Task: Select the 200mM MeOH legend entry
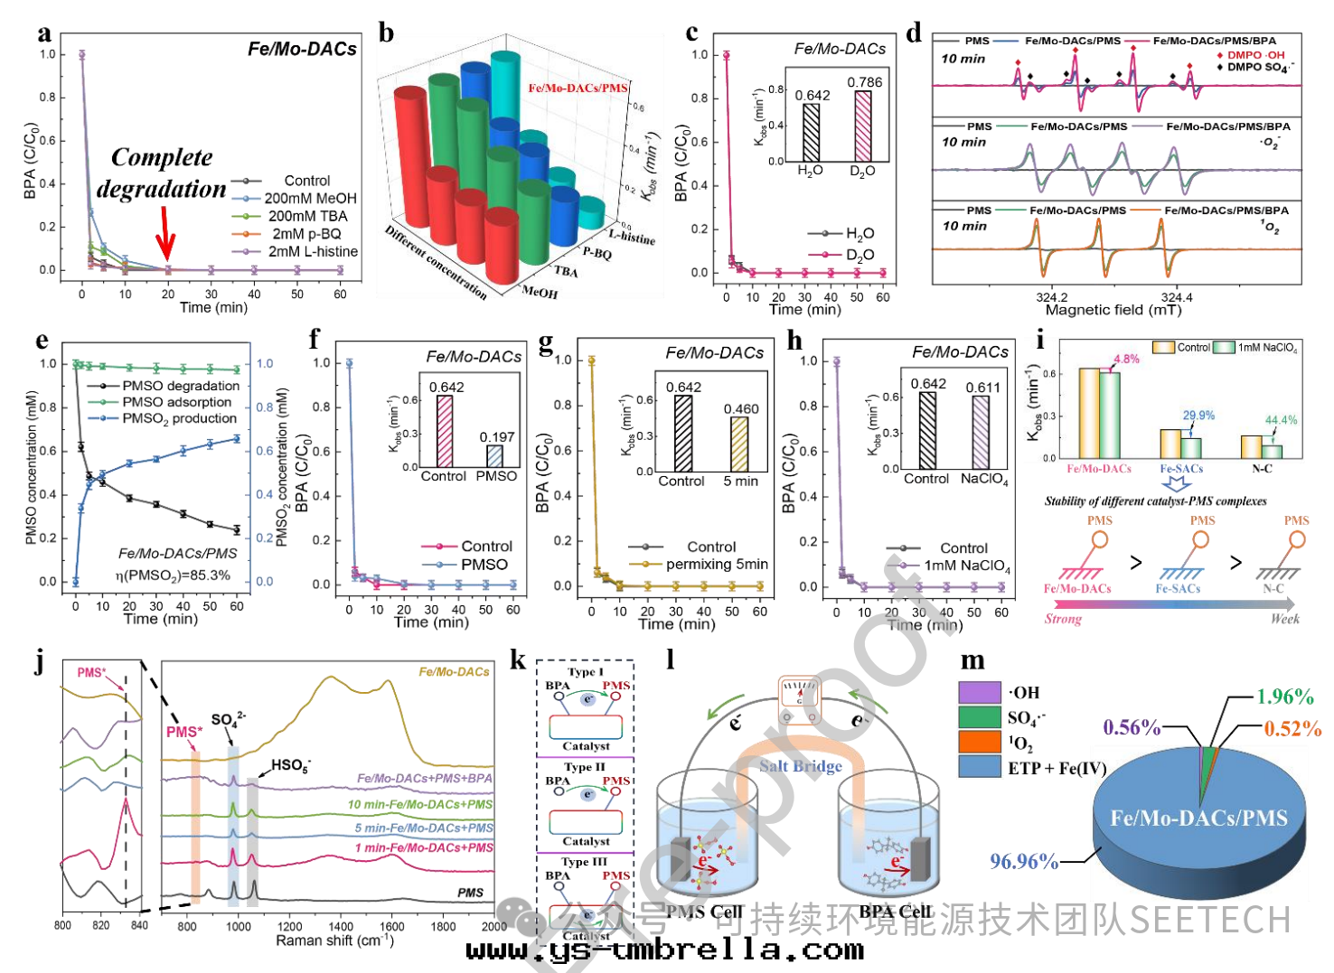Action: pyautogui.click(x=310, y=198)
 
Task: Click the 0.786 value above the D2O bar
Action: pyautogui.click(x=864, y=82)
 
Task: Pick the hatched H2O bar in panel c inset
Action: pyautogui.click(x=811, y=132)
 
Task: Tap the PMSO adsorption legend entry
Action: pyautogui.click(x=176, y=402)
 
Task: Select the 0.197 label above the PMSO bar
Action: pyautogui.click(x=497, y=436)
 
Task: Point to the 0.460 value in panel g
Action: pyautogui.click(x=741, y=408)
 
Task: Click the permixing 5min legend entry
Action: pyautogui.click(x=717, y=564)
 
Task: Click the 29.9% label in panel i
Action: pyautogui.click(x=1198, y=416)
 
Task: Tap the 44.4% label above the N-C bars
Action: pyautogui.click(x=1281, y=420)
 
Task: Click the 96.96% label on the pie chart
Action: pyautogui.click(x=1023, y=861)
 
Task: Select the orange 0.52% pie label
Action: pyautogui.click(x=1292, y=728)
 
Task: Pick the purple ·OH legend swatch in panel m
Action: pyautogui.click(x=980, y=692)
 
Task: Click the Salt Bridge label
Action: pyautogui.click(x=800, y=766)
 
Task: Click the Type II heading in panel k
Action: pyautogui.click(x=585, y=766)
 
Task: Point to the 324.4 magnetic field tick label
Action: pyautogui.click(x=1176, y=296)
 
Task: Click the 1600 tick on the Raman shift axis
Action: pyautogui.click(x=1295, y=926)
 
